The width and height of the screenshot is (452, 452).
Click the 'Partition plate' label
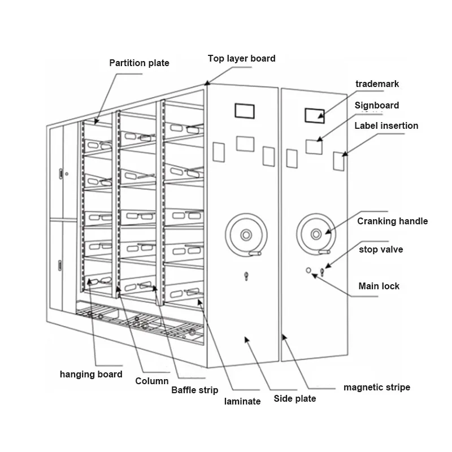(139, 63)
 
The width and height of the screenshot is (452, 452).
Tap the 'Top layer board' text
(242, 59)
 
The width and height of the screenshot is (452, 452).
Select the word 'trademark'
(377, 84)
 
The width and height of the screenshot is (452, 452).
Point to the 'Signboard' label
(377, 106)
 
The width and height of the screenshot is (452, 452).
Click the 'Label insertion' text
(386, 125)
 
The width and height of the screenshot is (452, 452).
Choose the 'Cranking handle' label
(392, 221)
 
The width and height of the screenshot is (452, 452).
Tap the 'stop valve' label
(381, 249)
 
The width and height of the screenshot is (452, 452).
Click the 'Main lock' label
(379, 286)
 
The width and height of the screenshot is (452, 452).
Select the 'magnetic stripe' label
(377, 387)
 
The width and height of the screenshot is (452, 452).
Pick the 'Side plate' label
(294, 399)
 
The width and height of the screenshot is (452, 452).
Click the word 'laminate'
(242, 401)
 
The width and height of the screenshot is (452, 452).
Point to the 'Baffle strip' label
(194, 390)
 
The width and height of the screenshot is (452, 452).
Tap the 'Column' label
(151, 381)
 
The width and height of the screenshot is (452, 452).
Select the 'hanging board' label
(91, 374)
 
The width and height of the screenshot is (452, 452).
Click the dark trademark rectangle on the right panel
(315, 116)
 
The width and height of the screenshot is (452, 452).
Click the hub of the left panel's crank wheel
(246, 235)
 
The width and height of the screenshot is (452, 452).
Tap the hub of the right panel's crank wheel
(316, 234)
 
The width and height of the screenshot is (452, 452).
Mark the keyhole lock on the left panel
(246, 276)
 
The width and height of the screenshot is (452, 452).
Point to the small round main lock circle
(308, 271)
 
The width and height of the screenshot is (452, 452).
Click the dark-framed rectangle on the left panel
(245, 111)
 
